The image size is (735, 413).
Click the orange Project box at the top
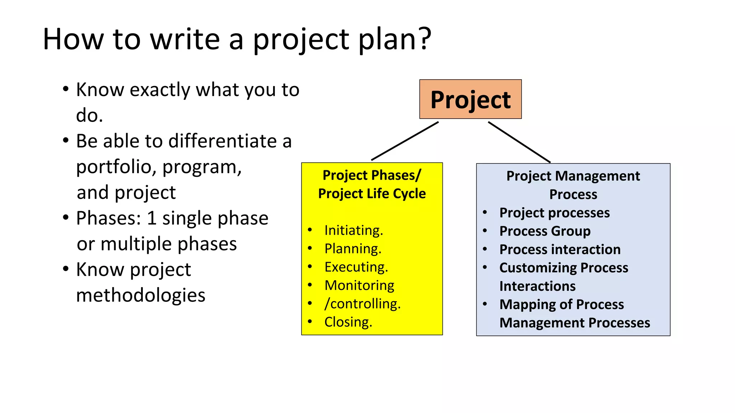470,99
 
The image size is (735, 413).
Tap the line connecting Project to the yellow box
405,141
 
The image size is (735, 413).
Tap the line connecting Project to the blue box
519,142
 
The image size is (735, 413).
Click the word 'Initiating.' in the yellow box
354,230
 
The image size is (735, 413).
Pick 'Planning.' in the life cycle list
353,248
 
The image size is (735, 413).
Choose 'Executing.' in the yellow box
356,267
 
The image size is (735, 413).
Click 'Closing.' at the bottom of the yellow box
348,322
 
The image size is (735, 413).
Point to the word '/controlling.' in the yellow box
362,304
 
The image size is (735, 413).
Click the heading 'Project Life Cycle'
372,194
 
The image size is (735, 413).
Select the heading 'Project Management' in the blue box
573,176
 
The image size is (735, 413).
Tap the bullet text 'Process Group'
545,231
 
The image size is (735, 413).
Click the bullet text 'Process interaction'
560,249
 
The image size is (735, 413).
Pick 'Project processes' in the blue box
554,213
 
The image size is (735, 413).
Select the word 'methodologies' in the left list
141,295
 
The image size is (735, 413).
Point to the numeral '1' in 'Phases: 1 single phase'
151,218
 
